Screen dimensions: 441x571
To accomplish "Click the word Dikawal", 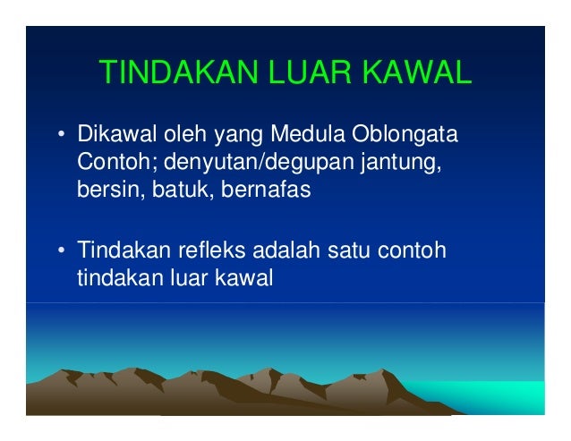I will coord(115,138).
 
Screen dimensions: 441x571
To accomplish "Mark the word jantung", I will coord(388,165).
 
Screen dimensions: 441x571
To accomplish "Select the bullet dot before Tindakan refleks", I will coord(61,250).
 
